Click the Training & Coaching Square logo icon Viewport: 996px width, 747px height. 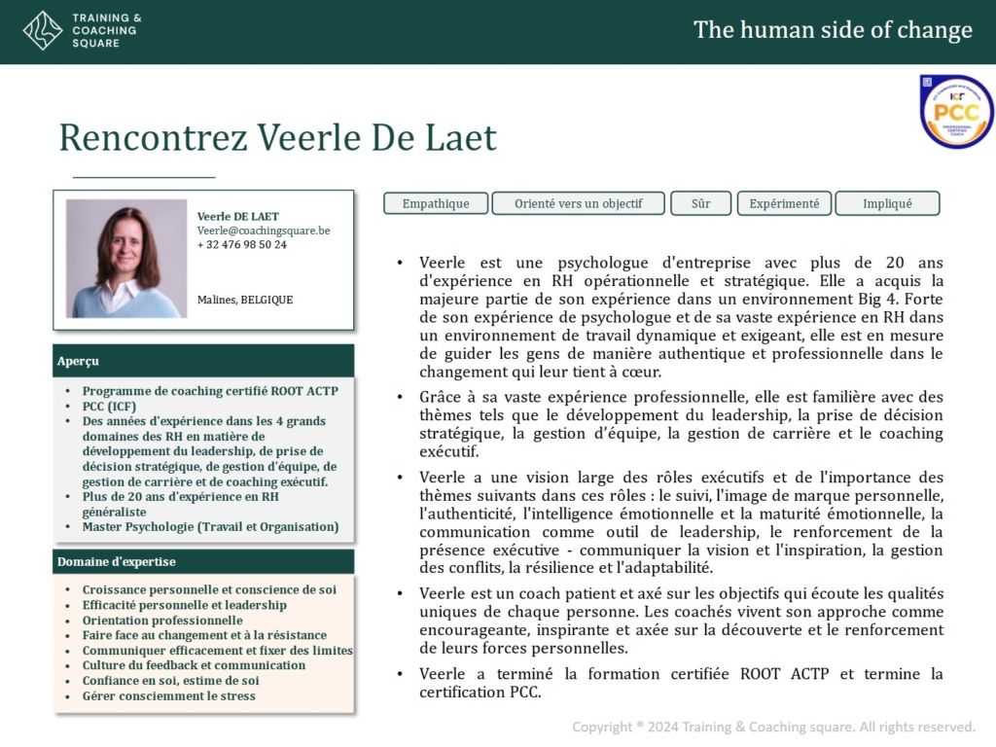[x=42, y=30]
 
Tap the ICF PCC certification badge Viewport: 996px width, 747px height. [x=956, y=112]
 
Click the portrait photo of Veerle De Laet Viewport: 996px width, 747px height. [x=125, y=259]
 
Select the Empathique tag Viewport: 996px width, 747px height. [x=436, y=203]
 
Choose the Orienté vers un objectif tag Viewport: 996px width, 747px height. [x=578, y=203]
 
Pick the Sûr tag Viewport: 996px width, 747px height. [x=700, y=203]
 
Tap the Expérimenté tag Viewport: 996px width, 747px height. [x=784, y=203]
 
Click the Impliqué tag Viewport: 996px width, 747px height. [x=887, y=203]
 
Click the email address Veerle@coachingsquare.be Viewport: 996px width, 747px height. [x=264, y=231]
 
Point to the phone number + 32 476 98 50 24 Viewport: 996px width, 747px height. [x=242, y=245]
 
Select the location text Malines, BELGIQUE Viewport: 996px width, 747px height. [x=245, y=300]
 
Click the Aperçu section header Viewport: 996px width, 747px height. [x=203, y=361]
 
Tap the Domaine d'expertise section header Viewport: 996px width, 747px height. [x=203, y=562]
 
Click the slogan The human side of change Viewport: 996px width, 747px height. [x=833, y=30]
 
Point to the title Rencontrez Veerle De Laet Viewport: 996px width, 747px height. [x=278, y=138]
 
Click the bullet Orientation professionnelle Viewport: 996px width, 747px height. [x=162, y=621]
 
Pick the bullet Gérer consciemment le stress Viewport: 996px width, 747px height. [x=169, y=695]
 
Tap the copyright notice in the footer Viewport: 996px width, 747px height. [x=773, y=727]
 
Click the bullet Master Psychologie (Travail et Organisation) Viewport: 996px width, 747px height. [x=210, y=526]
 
